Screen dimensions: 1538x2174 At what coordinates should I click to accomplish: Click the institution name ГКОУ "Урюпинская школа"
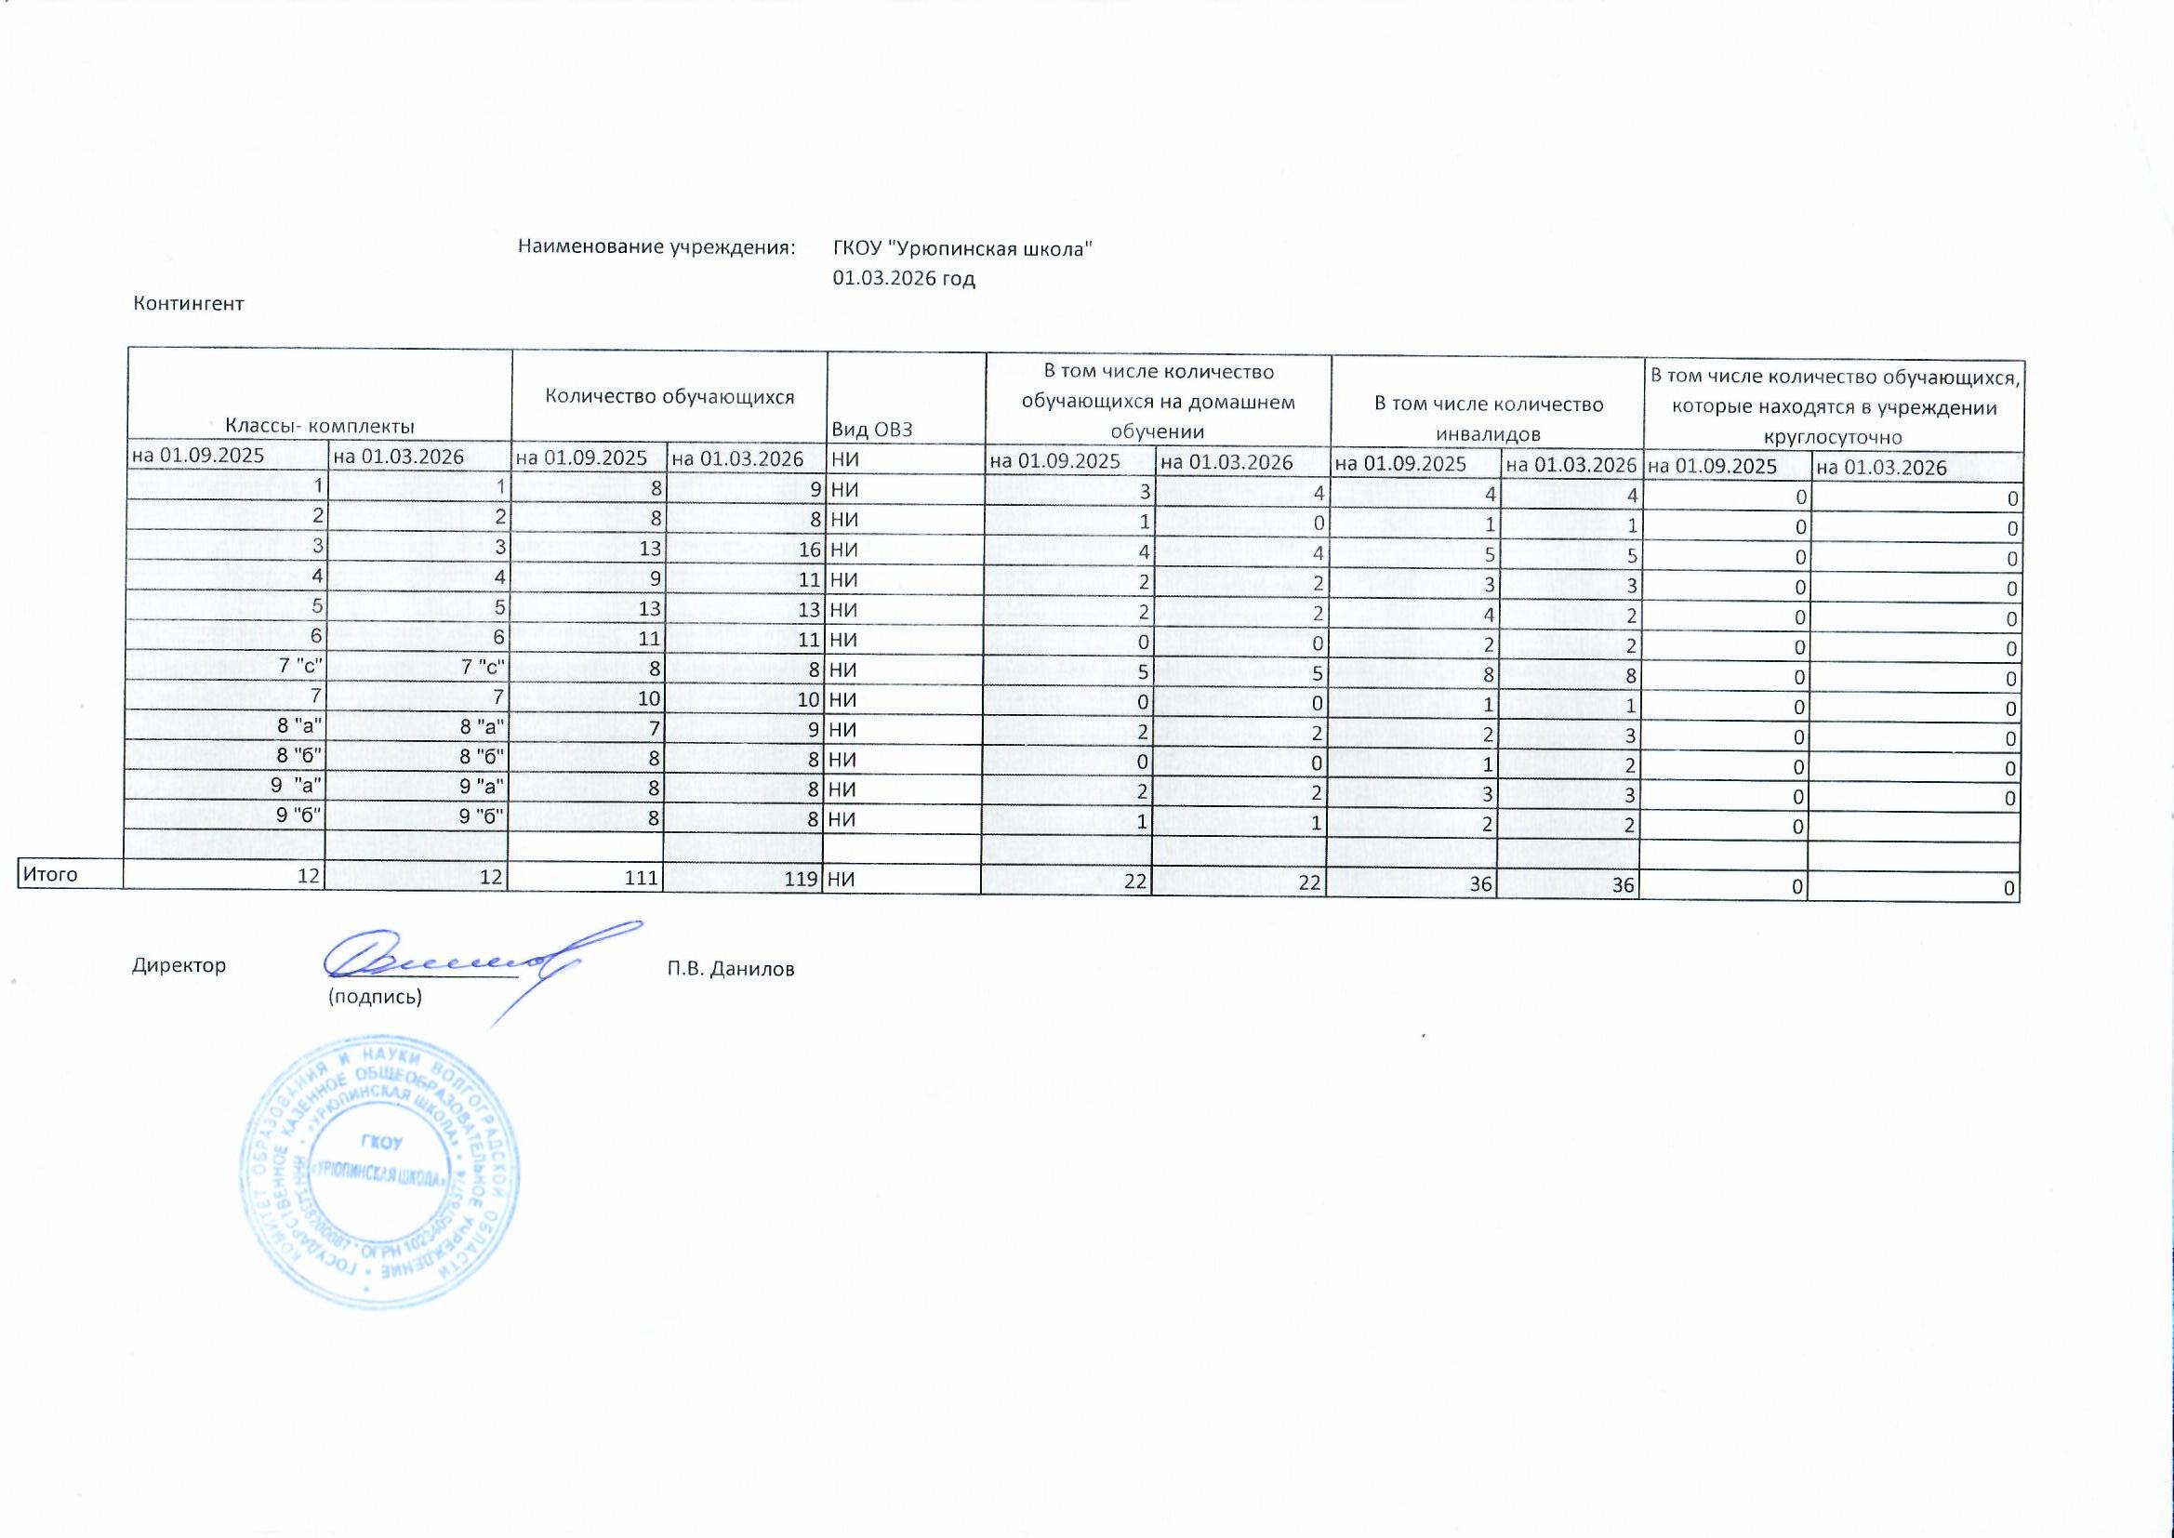coord(963,249)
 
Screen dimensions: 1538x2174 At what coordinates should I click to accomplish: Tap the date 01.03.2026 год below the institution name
coord(903,278)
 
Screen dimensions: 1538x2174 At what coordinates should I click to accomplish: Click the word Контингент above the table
coord(189,304)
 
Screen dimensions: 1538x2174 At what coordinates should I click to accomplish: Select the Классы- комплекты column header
coord(319,427)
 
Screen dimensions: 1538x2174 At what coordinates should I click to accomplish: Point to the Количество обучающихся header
coord(669,397)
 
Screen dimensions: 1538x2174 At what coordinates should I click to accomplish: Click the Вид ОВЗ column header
coord(872,429)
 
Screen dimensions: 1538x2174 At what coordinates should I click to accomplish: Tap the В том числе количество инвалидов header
coord(1489,418)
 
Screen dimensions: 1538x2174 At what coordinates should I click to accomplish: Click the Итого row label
coord(50,874)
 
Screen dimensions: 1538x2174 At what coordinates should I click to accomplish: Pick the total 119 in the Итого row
coord(801,879)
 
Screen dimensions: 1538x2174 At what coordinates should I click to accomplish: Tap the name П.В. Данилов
coord(730,969)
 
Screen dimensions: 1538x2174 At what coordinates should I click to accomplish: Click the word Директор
coord(179,966)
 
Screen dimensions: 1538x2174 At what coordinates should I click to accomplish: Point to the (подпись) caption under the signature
coord(374,997)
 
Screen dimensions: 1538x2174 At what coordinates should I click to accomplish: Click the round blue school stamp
coord(378,1173)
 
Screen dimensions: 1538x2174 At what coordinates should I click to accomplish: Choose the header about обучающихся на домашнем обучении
coord(1157,402)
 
